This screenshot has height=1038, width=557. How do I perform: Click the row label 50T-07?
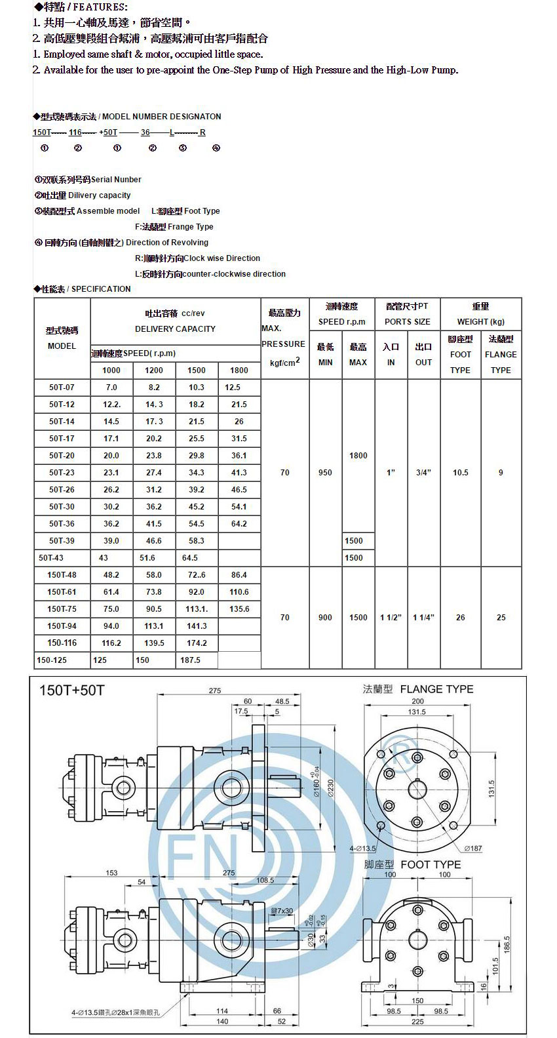click(x=62, y=388)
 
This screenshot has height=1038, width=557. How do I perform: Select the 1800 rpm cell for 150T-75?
click(x=239, y=609)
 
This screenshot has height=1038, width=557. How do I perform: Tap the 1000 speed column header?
click(x=111, y=370)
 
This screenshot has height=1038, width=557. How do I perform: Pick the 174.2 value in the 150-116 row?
click(x=197, y=643)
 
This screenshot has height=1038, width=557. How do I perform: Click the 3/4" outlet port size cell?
click(x=423, y=473)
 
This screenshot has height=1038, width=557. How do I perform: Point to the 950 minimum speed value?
click(x=325, y=473)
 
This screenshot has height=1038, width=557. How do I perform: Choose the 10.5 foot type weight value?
click(x=461, y=473)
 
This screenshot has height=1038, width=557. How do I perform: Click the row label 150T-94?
click(x=62, y=626)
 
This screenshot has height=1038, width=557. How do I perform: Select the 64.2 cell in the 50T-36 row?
click(x=239, y=524)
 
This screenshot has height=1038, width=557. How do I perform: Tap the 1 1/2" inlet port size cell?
click(x=391, y=618)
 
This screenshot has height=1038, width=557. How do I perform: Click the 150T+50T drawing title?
click(x=71, y=690)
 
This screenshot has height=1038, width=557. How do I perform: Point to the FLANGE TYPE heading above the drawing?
click(x=436, y=689)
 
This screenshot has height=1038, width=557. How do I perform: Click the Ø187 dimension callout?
click(x=472, y=848)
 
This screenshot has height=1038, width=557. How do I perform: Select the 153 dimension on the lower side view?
click(x=111, y=872)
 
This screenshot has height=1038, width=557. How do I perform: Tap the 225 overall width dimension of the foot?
click(x=417, y=1021)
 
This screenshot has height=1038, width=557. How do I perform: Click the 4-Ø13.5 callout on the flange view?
click(x=362, y=848)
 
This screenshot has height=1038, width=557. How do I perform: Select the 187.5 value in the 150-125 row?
click(x=190, y=660)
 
